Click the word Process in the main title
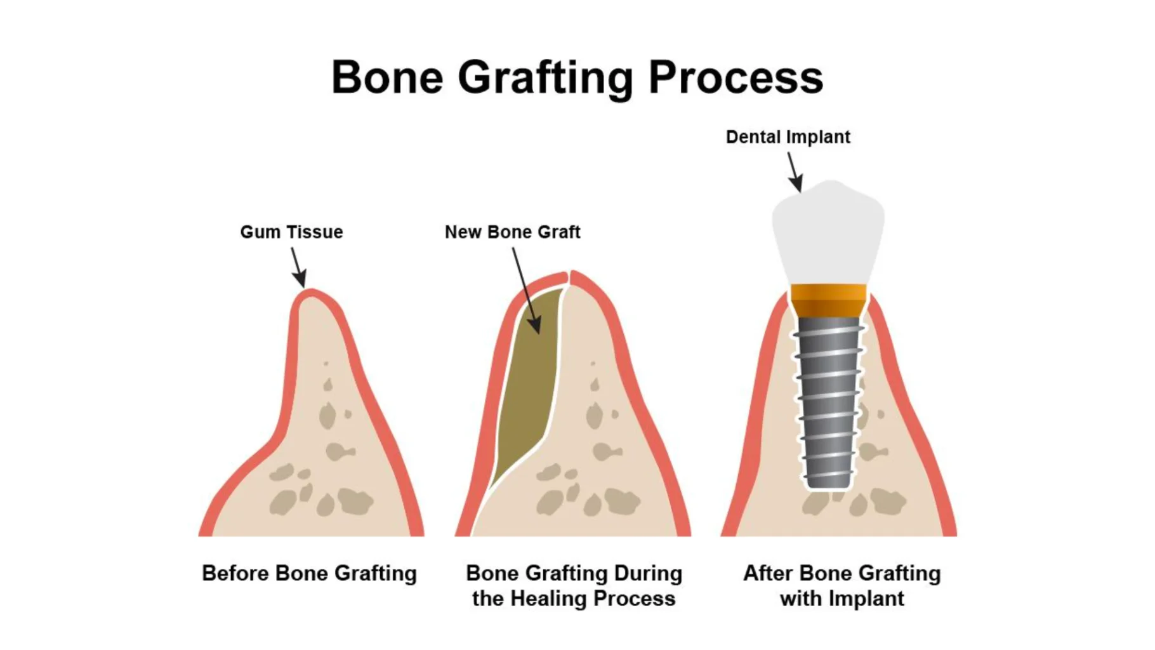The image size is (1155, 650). [x=736, y=77]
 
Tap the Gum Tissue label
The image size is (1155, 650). [x=291, y=232]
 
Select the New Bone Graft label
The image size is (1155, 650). [x=512, y=232]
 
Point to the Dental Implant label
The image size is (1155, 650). [x=788, y=137]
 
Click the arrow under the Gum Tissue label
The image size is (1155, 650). [x=299, y=267]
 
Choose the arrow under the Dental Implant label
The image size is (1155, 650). [x=795, y=172]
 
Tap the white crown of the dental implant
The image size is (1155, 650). [x=828, y=232]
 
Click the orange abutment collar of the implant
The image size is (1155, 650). [x=828, y=301]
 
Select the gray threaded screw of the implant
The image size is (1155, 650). [x=828, y=402]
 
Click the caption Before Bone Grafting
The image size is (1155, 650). [x=309, y=573]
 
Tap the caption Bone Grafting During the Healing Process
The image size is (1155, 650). [x=574, y=586]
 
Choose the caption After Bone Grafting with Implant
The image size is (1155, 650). [x=841, y=586]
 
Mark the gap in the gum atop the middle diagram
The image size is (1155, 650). [x=569, y=278]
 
